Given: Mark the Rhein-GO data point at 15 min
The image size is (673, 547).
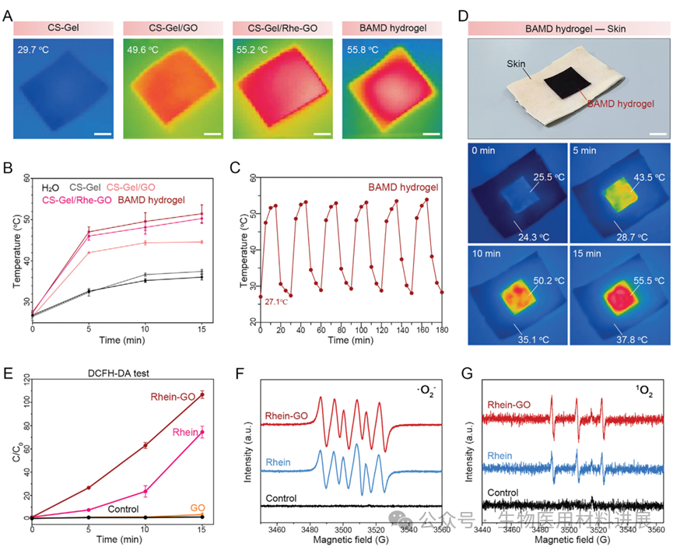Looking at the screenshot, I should [x=202, y=394].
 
